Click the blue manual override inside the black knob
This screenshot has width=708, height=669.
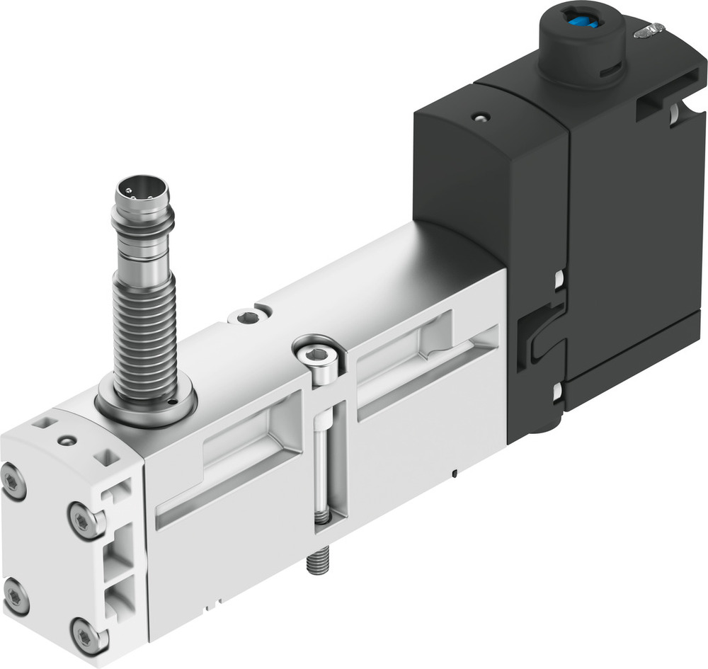[x=582, y=23]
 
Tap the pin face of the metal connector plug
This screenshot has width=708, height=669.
[x=142, y=190]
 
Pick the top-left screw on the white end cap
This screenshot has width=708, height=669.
[x=13, y=481]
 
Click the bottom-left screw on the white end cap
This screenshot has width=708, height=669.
[x=15, y=596]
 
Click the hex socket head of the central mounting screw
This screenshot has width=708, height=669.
[x=316, y=355]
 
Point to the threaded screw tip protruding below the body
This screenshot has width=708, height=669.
[x=316, y=562]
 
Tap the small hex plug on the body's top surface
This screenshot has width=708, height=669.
[x=247, y=317]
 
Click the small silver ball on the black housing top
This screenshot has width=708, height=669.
[x=481, y=117]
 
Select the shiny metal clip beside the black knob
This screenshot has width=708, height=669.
[x=650, y=30]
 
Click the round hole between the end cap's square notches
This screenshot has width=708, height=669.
[x=68, y=441]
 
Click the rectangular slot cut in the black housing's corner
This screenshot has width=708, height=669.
[x=655, y=106]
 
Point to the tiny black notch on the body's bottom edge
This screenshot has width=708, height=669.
[x=454, y=471]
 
